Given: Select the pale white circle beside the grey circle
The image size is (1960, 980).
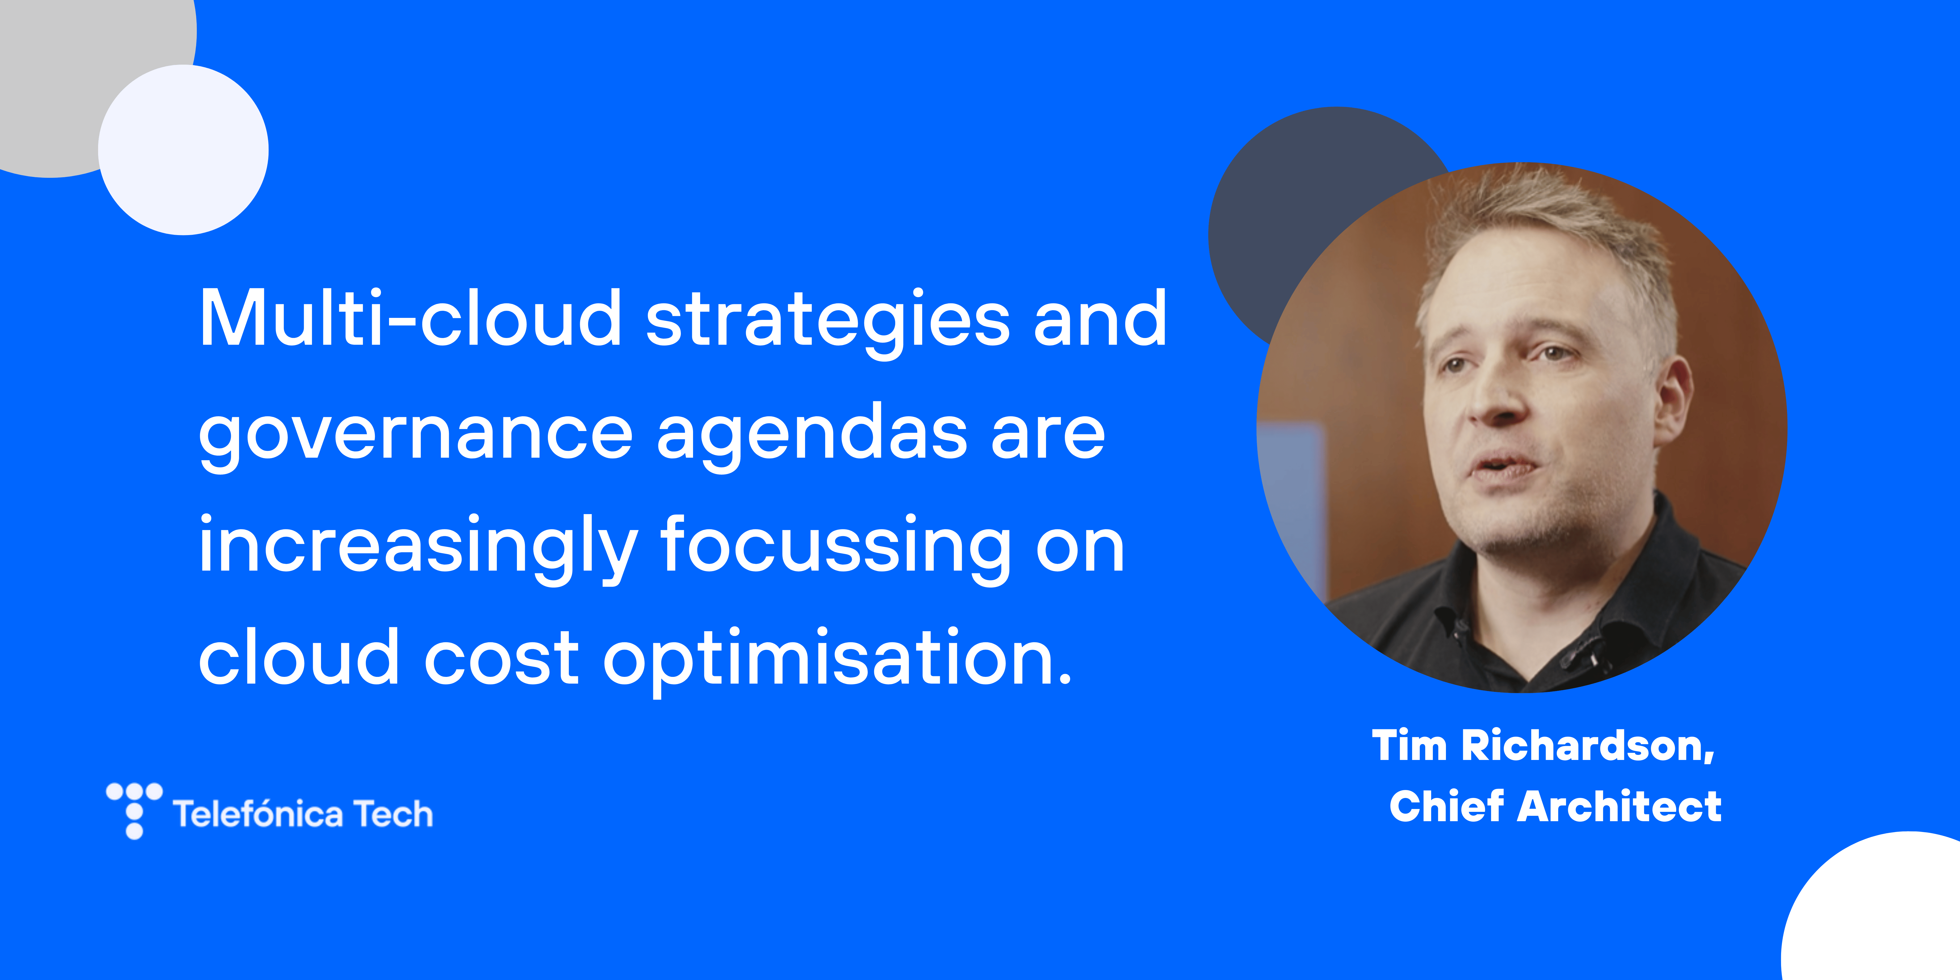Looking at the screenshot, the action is pos(183,150).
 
